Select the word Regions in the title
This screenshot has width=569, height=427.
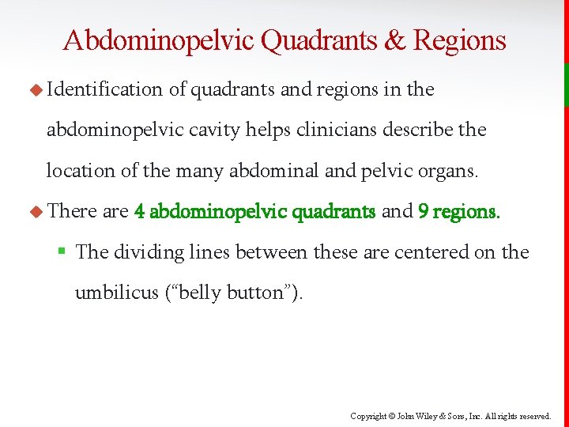tap(459, 40)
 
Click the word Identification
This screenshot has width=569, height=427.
tap(104, 90)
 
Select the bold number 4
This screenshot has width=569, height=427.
tap(139, 211)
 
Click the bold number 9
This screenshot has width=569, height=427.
tap(423, 211)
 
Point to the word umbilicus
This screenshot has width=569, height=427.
tap(114, 293)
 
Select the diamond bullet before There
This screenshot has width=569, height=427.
tap(36, 212)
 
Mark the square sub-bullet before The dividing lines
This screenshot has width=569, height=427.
tap(62, 252)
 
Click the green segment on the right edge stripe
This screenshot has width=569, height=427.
tap(566, 85)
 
